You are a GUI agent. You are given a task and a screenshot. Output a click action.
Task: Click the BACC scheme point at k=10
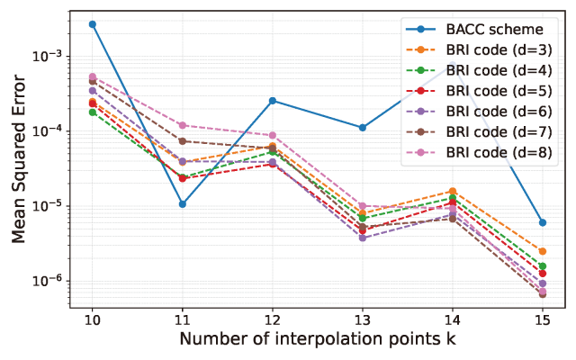point(92,24)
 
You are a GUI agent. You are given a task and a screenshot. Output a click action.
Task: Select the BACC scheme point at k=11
point(182,204)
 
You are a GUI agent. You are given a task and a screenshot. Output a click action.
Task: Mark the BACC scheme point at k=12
point(273,101)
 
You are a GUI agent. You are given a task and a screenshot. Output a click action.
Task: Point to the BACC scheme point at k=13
point(363,128)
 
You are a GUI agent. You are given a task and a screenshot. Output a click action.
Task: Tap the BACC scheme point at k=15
point(543,222)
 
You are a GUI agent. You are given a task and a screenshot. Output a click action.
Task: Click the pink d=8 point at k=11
point(182,125)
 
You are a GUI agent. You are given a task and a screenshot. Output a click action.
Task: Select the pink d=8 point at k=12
point(273,135)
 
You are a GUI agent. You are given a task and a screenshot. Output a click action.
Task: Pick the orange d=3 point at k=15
point(543,251)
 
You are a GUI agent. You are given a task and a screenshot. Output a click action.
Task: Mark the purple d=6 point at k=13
point(363,238)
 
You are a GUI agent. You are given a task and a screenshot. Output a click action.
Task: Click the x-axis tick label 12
point(273,319)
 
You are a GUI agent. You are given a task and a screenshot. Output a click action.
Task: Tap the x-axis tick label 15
point(543,319)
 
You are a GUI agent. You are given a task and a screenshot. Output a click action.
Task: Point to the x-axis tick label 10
point(92,319)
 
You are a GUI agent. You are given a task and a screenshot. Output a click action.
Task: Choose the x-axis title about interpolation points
point(317,340)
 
